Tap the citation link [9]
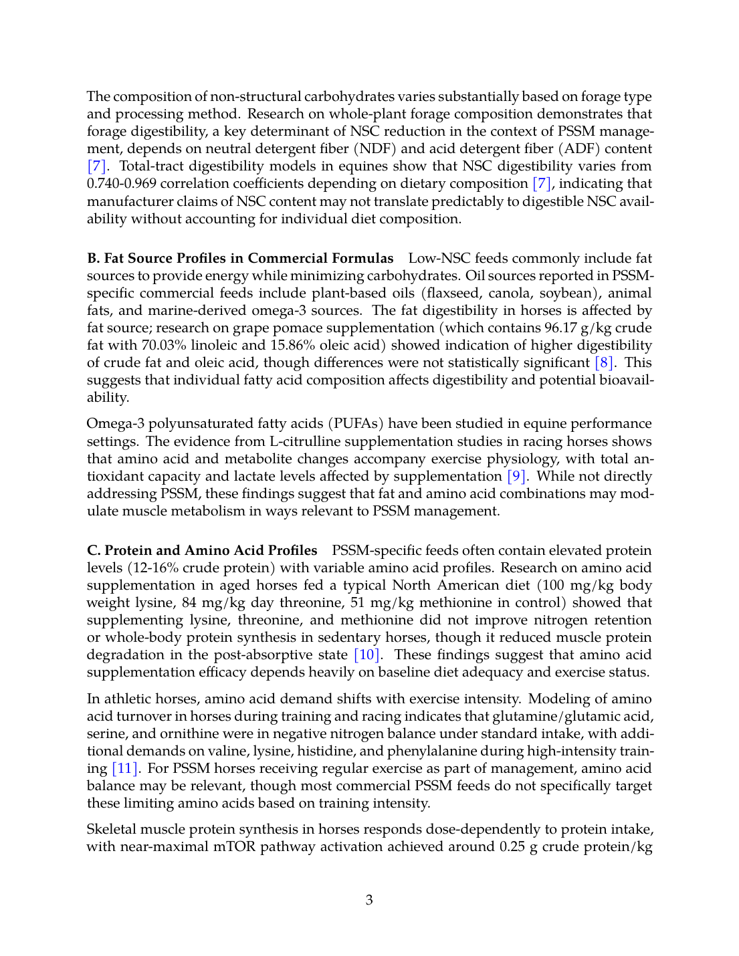516,477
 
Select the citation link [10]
366,655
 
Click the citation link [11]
125,769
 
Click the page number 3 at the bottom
369,900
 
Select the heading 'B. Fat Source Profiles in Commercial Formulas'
240,259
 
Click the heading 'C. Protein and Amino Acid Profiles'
202,551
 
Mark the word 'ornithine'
165,734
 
